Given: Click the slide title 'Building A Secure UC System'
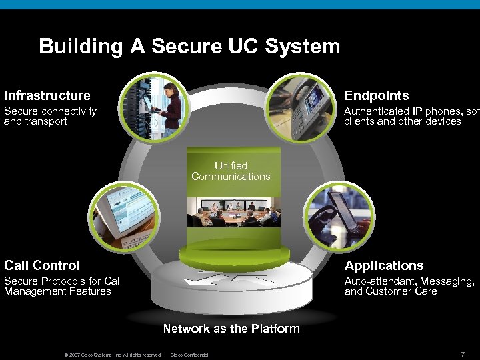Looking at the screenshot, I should [x=189, y=47].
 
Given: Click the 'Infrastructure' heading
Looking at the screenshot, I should [x=47, y=95].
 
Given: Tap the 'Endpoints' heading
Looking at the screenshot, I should [x=376, y=95].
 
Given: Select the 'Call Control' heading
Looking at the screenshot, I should [x=42, y=265].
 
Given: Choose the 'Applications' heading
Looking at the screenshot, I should [x=383, y=265].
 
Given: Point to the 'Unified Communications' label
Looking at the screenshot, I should [x=231, y=171].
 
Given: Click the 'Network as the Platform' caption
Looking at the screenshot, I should [x=231, y=328].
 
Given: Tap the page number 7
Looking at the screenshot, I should [x=462, y=353].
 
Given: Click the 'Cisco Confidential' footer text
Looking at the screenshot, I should [x=190, y=355].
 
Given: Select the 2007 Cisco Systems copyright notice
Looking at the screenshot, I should [x=113, y=355].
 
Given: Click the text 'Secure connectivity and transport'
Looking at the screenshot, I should [x=50, y=116].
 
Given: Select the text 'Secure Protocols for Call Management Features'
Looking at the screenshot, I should [x=63, y=286].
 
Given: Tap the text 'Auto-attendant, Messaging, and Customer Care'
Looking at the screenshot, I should [x=409, y=286].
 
